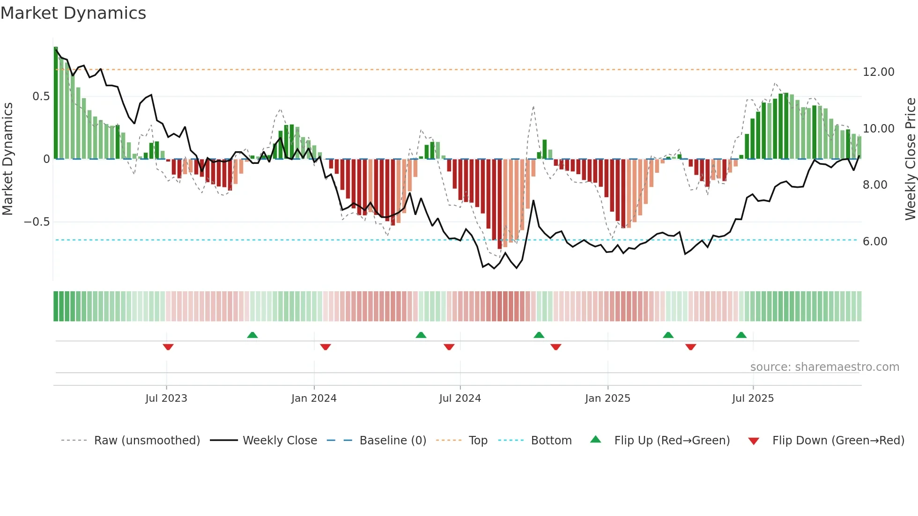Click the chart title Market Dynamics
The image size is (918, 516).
pyautogui.click(x=74, y=13)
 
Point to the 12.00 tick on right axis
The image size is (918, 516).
pyautogui.click(x=878, y=72)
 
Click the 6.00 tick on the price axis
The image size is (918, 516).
pyautogui.click(x=874, y=242)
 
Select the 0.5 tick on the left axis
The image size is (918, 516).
pyautogui.click(x=41, y=96)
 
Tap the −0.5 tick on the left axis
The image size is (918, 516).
pyautogui.click(x=37, y=222)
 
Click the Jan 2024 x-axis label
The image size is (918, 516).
pyautogui.click(x=314, y=398)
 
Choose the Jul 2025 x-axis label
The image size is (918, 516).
pyautogui.click(x=753, y=398)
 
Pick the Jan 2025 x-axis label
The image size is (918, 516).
pyautogui.click(x=607, y=398)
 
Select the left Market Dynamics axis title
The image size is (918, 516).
pyautogui.click(x=7, y=159)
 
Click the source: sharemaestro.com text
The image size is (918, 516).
pyautogui.click(x=824, y=367)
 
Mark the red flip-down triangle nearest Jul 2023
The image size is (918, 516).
pyautogui.click(x=168, y=347)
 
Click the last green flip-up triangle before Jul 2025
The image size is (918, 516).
pyautogui.click(x=741, y=335)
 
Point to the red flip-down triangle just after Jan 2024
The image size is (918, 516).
pyautogui.click(x=326, y=347)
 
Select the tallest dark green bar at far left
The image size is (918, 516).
pyautogui.click(x=56, y=103)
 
